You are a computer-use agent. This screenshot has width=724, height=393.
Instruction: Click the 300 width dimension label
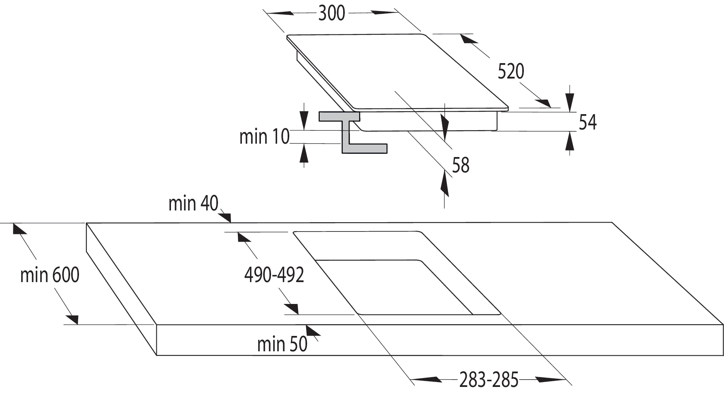[331, 13]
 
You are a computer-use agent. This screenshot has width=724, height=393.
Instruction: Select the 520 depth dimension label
[510, 72]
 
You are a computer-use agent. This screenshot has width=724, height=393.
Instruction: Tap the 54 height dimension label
[587, 122]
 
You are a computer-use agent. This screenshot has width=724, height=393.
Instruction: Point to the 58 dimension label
[460, 165]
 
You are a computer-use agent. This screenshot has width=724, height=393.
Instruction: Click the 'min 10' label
[264, 137]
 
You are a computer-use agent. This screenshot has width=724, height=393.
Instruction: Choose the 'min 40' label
[193, 203]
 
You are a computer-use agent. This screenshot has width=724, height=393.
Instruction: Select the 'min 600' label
[49, 275]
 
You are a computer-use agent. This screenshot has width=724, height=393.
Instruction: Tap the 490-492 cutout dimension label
[274, 275]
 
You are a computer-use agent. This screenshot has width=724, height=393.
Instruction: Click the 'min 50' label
[282, 344]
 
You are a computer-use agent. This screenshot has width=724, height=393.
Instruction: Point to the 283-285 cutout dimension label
[489, 380]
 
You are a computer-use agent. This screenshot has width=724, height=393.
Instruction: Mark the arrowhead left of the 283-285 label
[425, 380]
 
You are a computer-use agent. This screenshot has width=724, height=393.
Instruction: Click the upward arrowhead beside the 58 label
[445, 183]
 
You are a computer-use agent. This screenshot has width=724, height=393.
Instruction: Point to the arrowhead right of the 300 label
[385, 13]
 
